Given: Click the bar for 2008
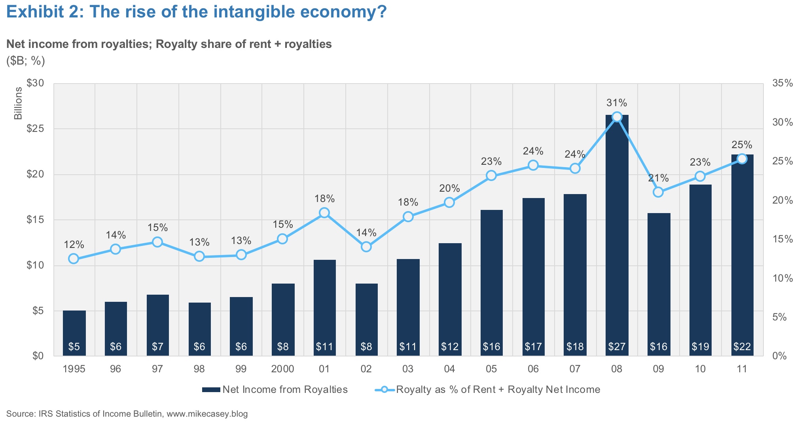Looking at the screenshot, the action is pos(617,235).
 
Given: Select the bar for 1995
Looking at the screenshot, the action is pos(74,333).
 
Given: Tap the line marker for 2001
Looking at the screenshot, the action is pos(324,213).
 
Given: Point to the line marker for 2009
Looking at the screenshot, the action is pos(658,192).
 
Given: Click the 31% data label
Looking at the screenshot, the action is pos(617,103).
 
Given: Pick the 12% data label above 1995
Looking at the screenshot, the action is pos(74,245).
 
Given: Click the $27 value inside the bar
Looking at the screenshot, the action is pos(617,347).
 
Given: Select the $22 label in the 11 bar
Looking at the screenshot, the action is pos(742,347).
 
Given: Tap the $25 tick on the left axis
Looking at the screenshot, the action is pos(35,129).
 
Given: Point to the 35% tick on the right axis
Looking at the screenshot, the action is pos(782,83).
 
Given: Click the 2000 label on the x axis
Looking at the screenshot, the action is pos(282,369).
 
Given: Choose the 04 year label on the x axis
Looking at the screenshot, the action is pos(449,369).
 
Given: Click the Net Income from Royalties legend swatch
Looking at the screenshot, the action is pos(211,390).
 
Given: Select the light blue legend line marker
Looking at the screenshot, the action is pos(384,390).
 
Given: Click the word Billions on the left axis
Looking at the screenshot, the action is pos(18,104).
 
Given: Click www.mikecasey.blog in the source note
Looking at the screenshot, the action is pos(207,414).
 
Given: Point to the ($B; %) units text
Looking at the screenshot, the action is pos(26,61).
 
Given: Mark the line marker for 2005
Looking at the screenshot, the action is pos(491,175).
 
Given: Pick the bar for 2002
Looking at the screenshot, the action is pos(366,320).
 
